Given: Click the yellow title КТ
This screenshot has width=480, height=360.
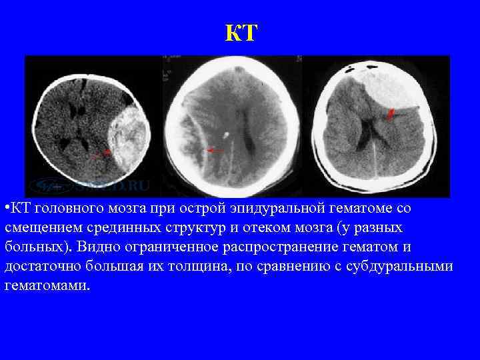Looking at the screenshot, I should point(240,32).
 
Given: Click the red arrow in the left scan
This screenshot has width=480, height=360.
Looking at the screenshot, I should point(102,155).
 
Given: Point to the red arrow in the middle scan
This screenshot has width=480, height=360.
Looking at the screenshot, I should point(215,151).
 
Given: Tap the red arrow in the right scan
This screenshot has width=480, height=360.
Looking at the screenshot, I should point(391,114).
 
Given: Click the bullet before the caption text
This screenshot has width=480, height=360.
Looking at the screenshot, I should point(5,209).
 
